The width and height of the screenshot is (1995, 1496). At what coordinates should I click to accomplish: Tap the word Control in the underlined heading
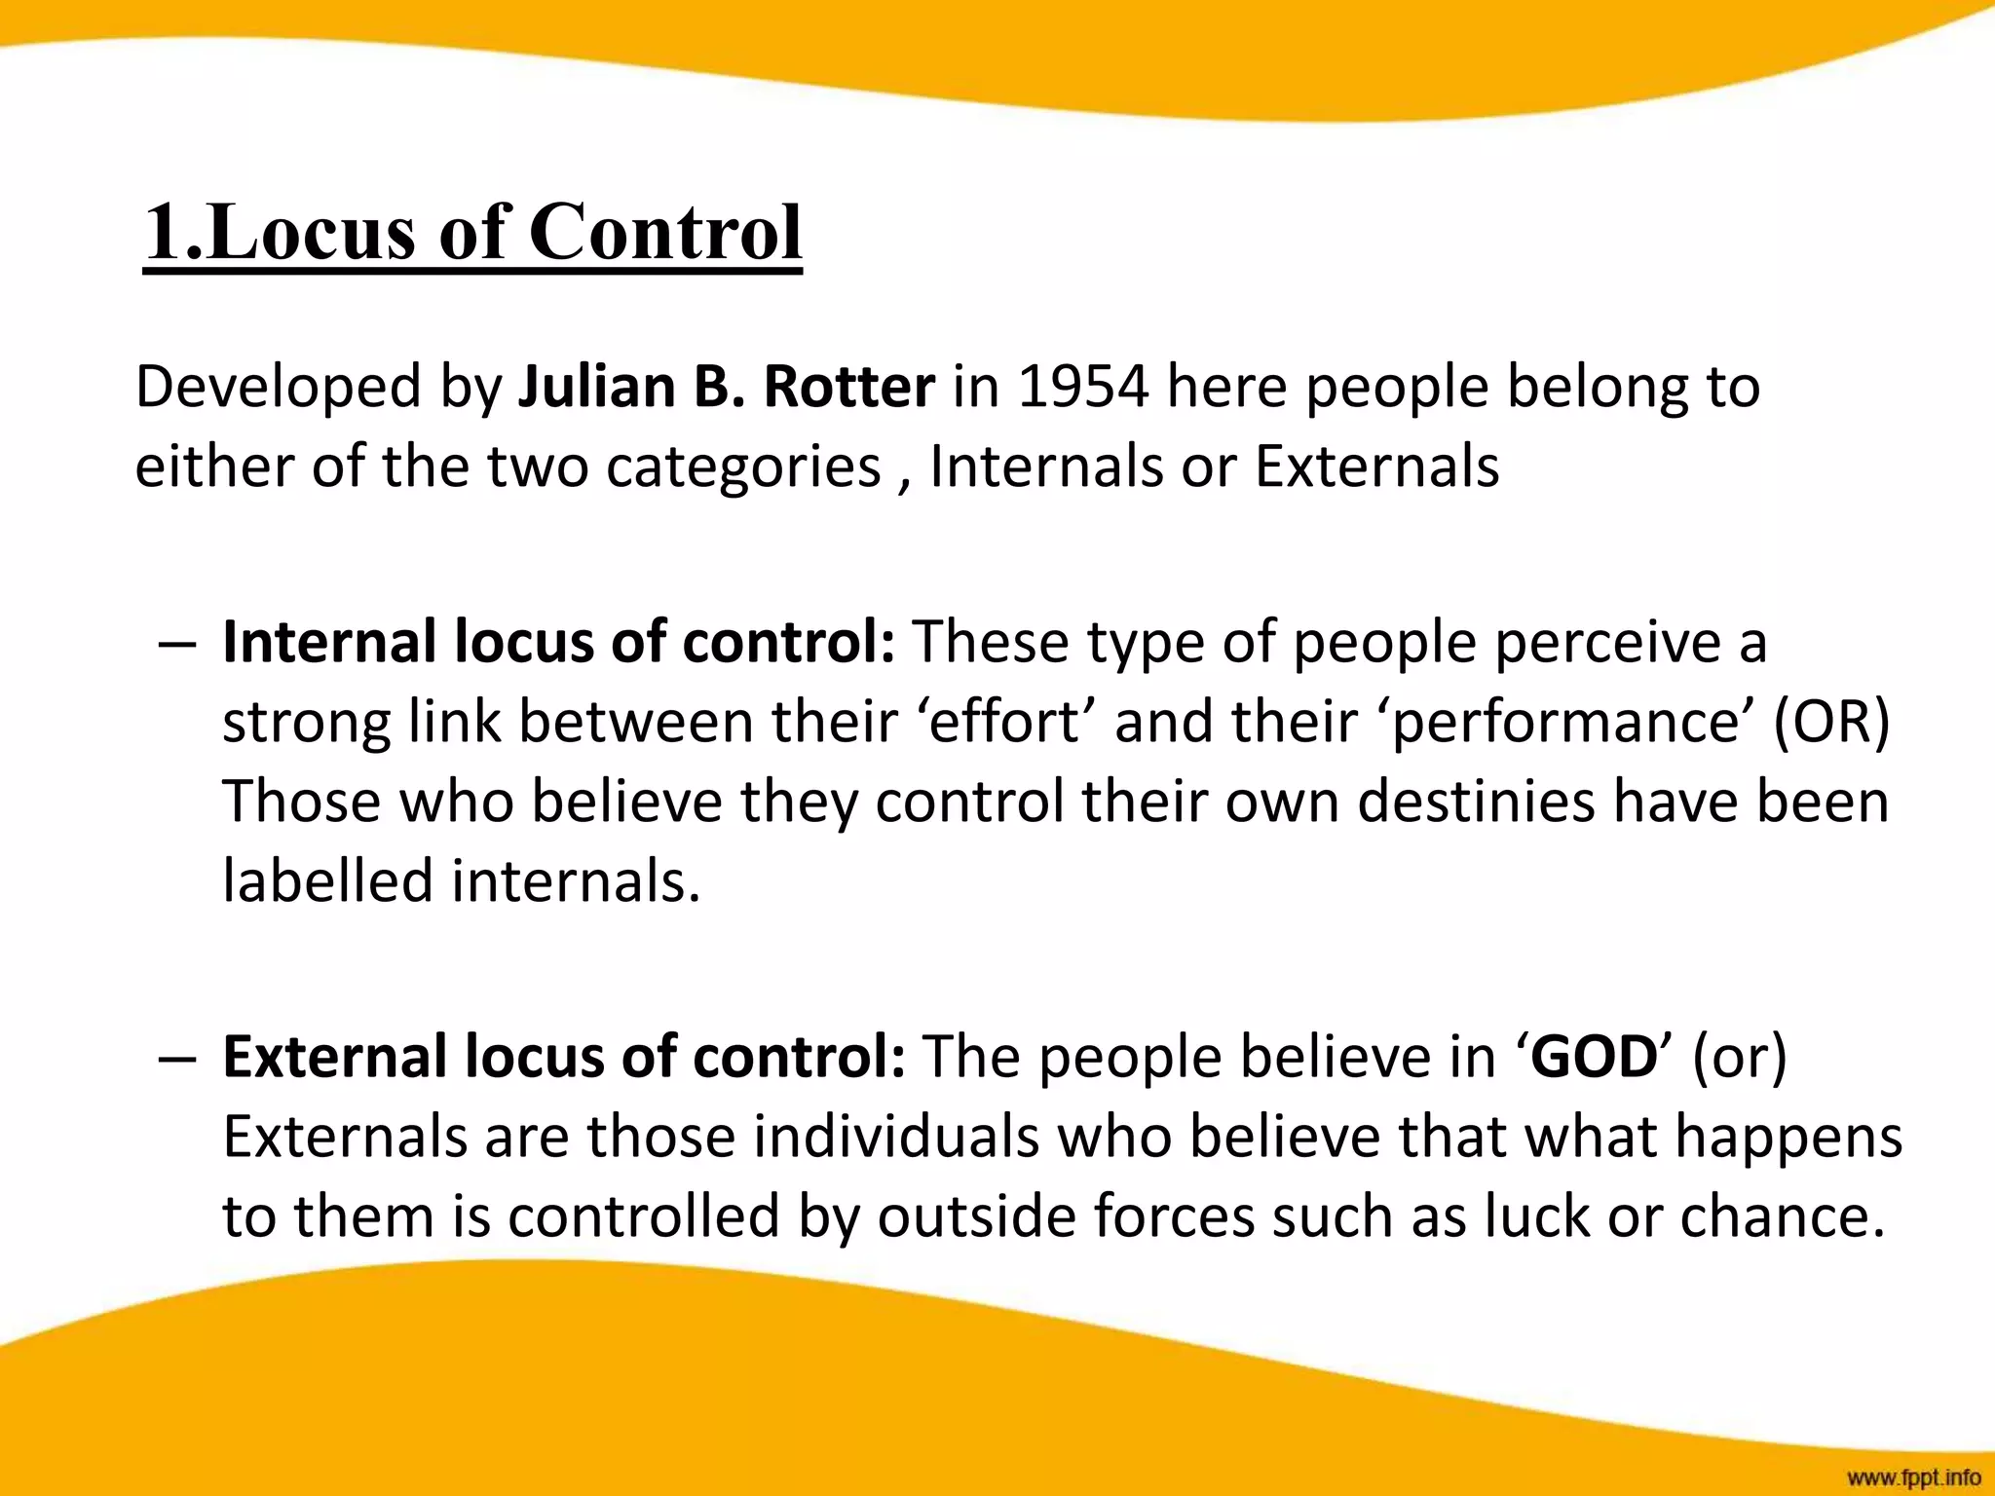[x=665, y=234]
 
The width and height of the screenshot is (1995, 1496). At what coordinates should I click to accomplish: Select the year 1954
[x=1083, y=387]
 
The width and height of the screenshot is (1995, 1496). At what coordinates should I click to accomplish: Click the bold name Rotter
[x=848, y=387]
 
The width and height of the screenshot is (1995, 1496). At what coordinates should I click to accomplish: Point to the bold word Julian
[x=596, y=387]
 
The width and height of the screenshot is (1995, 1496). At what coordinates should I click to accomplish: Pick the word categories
[x=743, y=467]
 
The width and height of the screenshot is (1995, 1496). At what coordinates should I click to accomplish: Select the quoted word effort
[x=1005, y=723]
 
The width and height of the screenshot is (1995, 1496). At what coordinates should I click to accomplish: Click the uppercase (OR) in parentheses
[x=1830, y=723]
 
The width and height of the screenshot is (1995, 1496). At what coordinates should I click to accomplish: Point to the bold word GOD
[x=1594, y=1057]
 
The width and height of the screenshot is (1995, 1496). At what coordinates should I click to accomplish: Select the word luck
[x=1538, y=1216]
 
